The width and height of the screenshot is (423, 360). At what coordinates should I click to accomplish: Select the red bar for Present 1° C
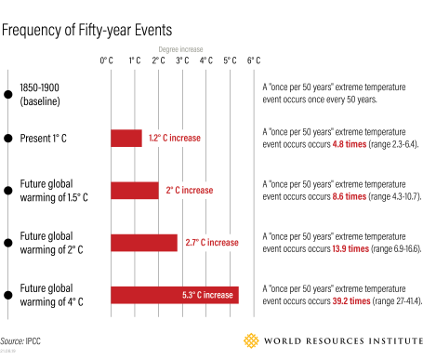point(126,139)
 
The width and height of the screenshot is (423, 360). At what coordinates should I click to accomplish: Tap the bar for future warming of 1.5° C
point(135,191)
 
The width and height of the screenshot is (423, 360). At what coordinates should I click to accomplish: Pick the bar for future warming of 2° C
point(144,243)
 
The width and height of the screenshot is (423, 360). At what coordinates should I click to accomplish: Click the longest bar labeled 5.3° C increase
point(174,295)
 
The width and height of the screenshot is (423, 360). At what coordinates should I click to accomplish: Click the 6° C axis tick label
point(254,60)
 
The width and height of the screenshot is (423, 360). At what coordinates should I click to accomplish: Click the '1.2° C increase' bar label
point(174,139)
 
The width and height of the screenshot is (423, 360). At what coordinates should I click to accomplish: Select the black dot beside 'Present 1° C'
point(8,139)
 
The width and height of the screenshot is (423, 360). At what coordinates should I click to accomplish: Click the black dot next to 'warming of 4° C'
point(8,295)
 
